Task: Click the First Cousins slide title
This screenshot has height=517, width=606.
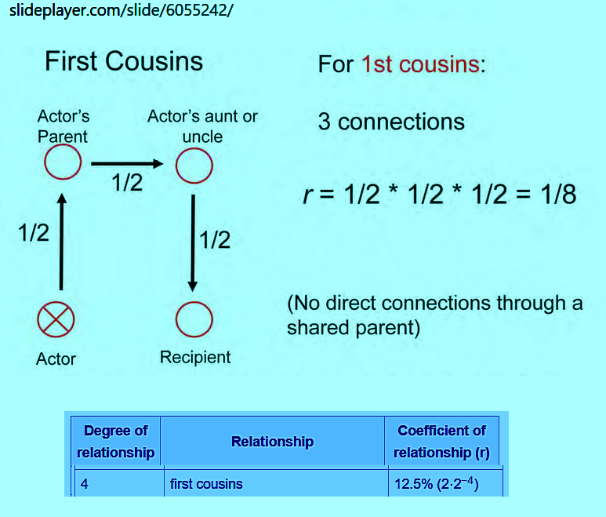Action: coord(123,62)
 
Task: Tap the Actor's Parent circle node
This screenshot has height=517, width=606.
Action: coord(62,164)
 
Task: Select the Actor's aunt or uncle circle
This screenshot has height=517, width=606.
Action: coord(194,165)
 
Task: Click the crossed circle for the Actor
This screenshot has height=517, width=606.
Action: coord(56,319)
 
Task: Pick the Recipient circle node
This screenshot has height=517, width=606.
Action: coord(194,319)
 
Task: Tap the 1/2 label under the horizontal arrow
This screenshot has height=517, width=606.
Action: coord(127,184)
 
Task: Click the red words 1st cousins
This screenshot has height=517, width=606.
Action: coord(420,64)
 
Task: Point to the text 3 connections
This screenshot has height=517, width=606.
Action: coord(391,122)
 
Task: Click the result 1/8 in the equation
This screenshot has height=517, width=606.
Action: coord(559,194)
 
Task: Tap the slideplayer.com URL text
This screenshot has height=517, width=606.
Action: coord(117,11)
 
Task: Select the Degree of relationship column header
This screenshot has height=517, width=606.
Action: coord(115,442)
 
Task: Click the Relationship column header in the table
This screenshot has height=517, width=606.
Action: coord(272,442)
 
